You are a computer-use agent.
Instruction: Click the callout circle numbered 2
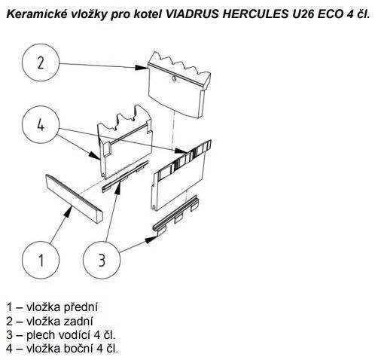point(41,63)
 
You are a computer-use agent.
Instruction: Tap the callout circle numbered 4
point(41,124)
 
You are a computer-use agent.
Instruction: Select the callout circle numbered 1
point(41,260)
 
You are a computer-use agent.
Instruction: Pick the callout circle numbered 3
point(102,260)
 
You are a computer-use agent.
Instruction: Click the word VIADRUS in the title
point(192,14)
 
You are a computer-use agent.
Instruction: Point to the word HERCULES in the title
point(255,14)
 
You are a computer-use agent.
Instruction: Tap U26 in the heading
point(303,14)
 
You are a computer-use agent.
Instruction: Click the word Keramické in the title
point(36,14)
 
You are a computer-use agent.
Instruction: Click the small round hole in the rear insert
point(174,78)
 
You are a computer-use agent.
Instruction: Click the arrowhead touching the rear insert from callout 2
point(141,67)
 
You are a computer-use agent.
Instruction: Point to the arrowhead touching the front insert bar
point(69,212)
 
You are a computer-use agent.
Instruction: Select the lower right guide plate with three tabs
point(175,215)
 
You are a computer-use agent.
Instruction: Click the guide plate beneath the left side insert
point(125,177)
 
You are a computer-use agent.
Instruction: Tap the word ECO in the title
point(331,14)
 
